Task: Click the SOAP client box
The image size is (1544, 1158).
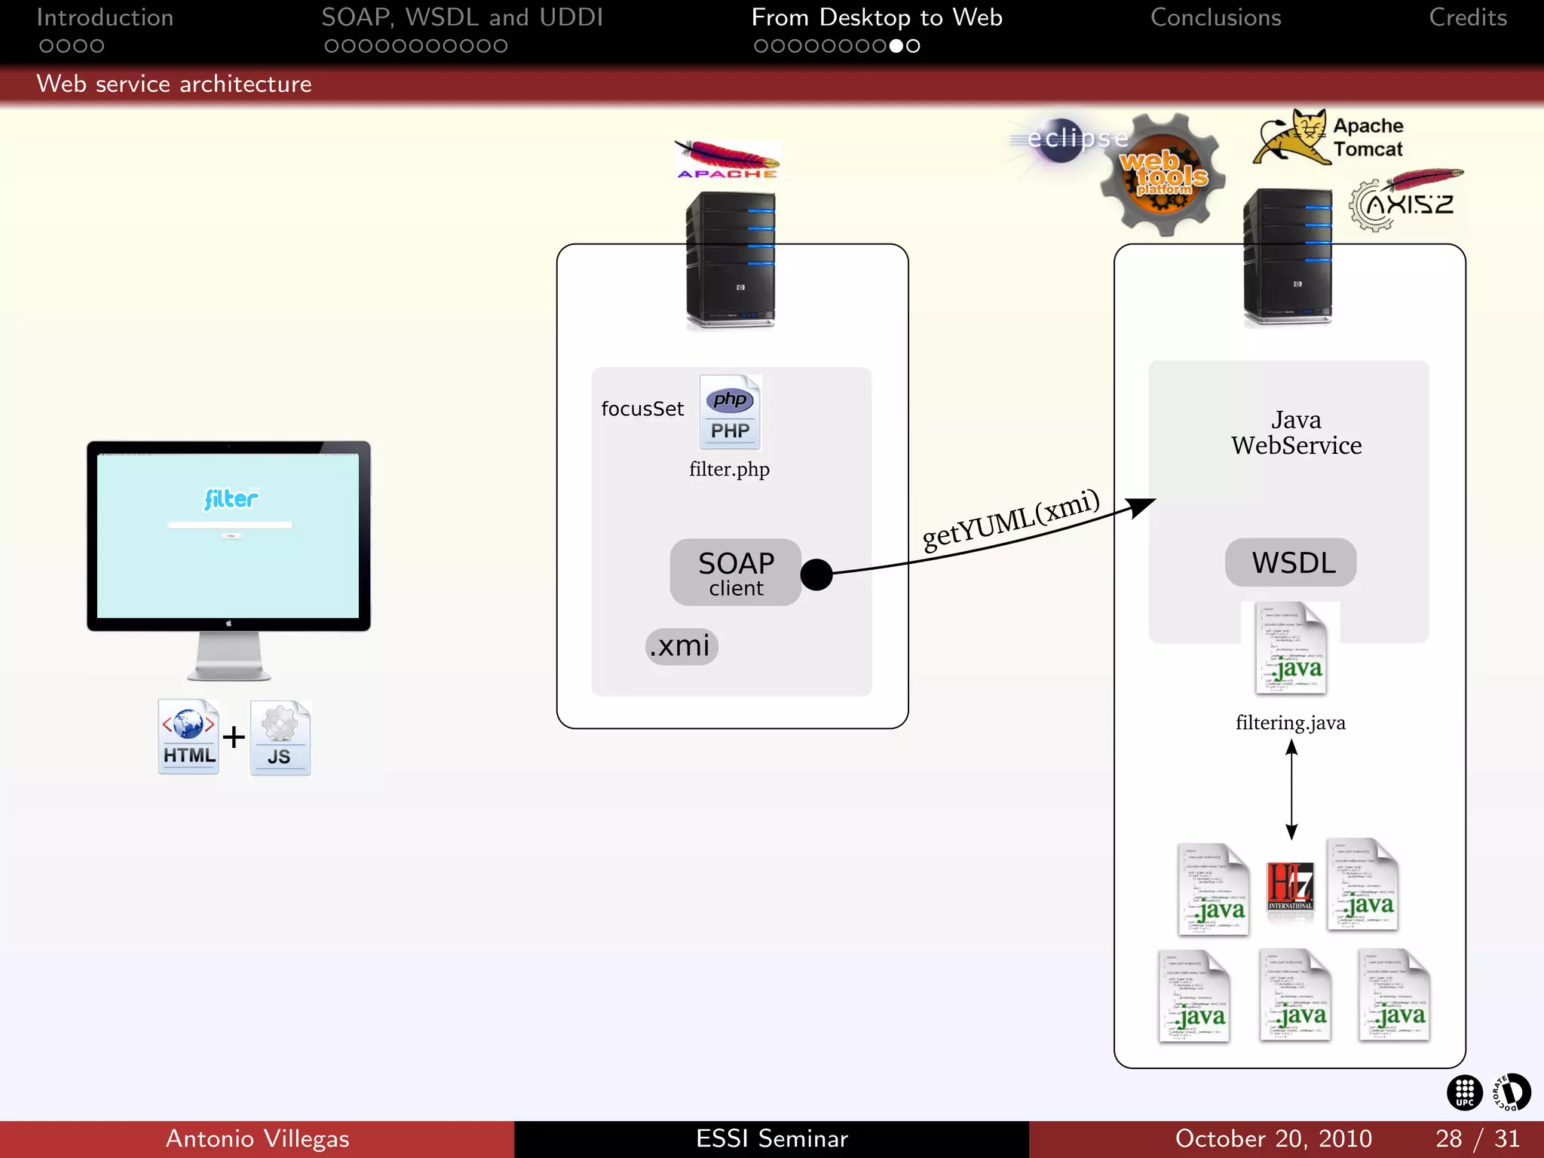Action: [x=735, y=572]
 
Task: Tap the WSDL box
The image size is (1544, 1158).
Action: [x=1291, y=562]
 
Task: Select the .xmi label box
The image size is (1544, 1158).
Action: [x=682, y=646]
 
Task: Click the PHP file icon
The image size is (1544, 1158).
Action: [x=730, y=412]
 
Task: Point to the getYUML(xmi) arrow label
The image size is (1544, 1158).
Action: [x=1011, y=519]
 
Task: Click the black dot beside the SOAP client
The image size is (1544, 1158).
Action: [x=816, y=574]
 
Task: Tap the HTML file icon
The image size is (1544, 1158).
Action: [x=188, y=737]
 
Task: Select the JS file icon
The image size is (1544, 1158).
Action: [x=280, y=738]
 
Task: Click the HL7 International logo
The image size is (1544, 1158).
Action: [x=1290, y=887]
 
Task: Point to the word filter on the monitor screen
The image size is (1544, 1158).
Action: [x=231, y=498]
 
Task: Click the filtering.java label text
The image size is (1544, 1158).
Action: [x=1290, y=722]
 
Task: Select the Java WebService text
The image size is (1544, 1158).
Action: [x=1296, y=433]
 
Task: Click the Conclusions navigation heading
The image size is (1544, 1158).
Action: [x=1215, y=18]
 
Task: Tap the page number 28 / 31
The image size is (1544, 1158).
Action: [x=1477, y=1138]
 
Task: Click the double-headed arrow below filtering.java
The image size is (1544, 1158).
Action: [x=1291, y=789]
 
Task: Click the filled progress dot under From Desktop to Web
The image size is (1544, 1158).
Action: [x=896, y=46]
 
